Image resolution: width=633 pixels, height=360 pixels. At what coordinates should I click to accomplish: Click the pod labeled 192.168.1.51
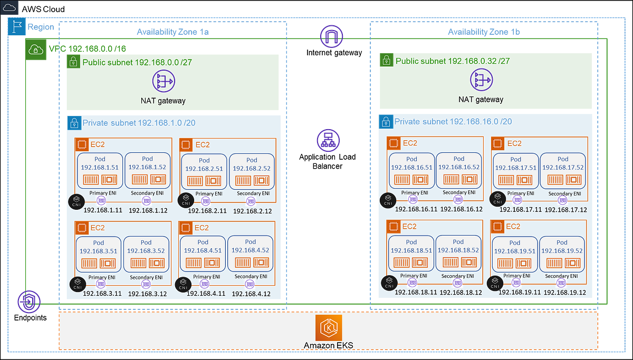(100, 170)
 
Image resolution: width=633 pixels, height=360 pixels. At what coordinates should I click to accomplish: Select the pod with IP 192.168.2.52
(252, 171)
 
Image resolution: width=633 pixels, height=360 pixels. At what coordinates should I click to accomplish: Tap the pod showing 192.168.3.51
(99, 253)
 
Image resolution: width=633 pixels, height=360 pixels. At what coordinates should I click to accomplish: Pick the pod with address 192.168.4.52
(251, 253)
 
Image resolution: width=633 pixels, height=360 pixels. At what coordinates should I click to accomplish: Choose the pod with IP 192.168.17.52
(563, 170)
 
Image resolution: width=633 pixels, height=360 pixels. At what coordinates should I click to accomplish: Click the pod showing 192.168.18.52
(458, 253)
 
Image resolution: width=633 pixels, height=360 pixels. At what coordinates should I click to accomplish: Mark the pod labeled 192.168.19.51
(515, 253)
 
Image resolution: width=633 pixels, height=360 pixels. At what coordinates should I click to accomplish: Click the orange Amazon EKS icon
(329, 328)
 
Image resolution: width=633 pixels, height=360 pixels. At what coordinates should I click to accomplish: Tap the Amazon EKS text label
(328, 346)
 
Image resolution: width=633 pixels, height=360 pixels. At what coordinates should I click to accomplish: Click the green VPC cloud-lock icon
(36, 50)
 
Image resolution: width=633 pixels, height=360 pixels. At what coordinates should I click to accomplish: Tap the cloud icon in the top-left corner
(10, 8)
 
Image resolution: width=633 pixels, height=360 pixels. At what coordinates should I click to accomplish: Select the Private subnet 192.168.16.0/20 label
(453, 122)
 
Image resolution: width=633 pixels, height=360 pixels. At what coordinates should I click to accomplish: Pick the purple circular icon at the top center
(331, 36)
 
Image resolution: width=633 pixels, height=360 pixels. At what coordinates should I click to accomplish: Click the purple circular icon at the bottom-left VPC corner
(28, 301)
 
